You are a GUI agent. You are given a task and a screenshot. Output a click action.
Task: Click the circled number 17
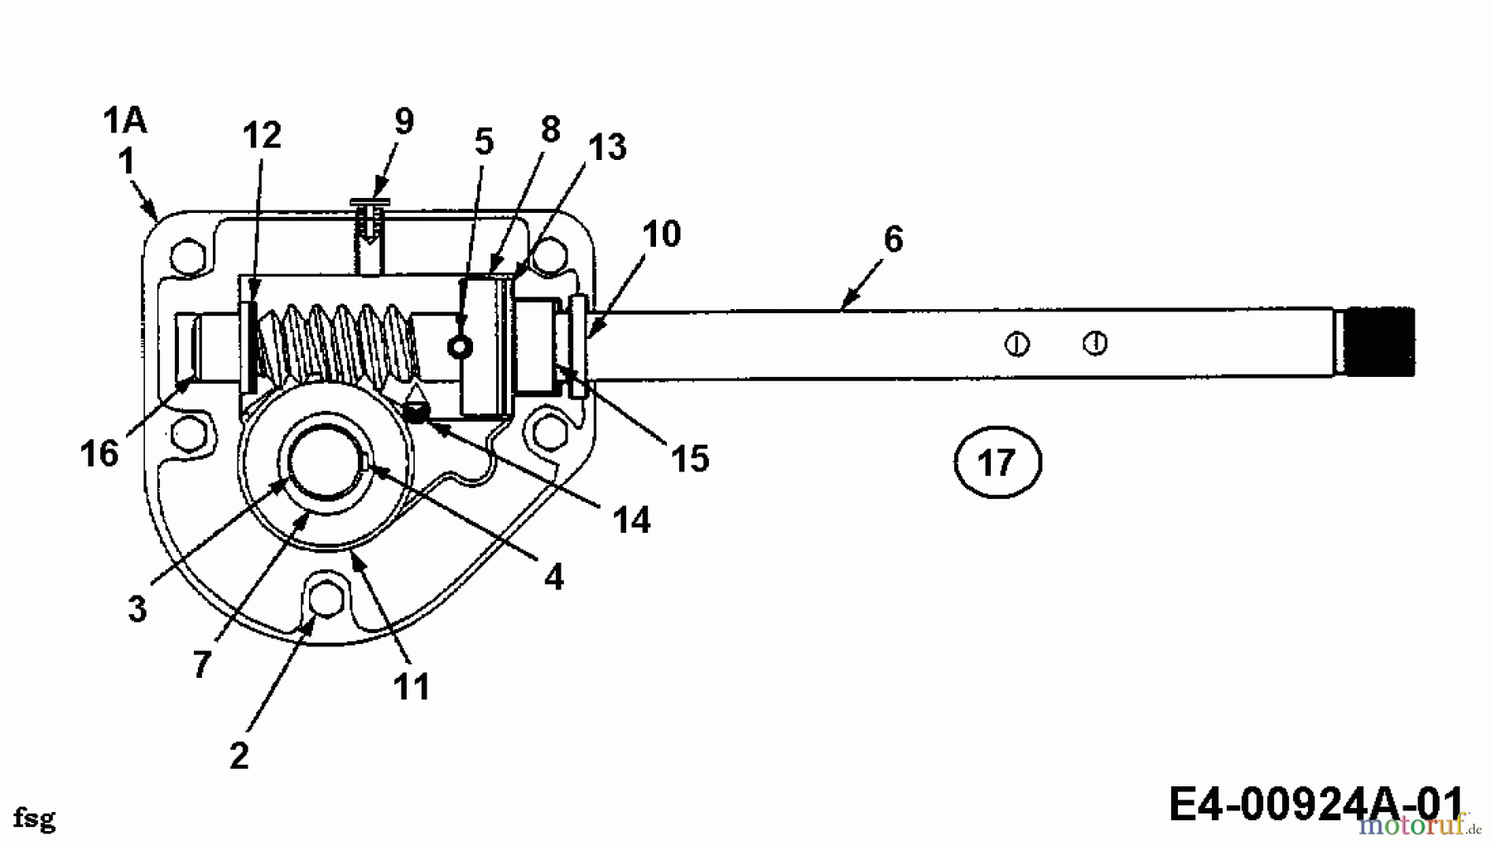[996, 462]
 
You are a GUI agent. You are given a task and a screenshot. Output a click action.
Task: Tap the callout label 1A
[125, 121]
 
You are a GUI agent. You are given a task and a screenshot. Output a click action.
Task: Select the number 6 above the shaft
[893, 239]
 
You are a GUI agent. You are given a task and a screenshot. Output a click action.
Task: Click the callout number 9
[403, 122]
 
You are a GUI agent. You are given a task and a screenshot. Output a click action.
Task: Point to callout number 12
[262, 136]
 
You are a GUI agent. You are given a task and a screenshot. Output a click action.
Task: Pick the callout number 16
[99, 454]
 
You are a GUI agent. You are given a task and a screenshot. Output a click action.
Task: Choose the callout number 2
[239, 755]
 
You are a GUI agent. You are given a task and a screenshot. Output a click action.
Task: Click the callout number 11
[412, 687]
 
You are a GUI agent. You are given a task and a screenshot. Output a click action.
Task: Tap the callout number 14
[631, 521]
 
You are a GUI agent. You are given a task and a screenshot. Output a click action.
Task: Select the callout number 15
[690, 458]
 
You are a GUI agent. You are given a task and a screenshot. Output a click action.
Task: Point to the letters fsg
[34, 819]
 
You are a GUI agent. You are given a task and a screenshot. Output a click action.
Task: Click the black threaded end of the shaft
[1378, 342]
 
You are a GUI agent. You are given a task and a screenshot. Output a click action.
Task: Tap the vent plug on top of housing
[370, 217]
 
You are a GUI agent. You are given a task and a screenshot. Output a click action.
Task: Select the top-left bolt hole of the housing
[189, 256]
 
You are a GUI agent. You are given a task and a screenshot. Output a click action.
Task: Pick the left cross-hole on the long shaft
[1017, 343]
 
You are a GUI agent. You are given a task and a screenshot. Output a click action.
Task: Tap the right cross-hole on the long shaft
[1095, 342]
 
